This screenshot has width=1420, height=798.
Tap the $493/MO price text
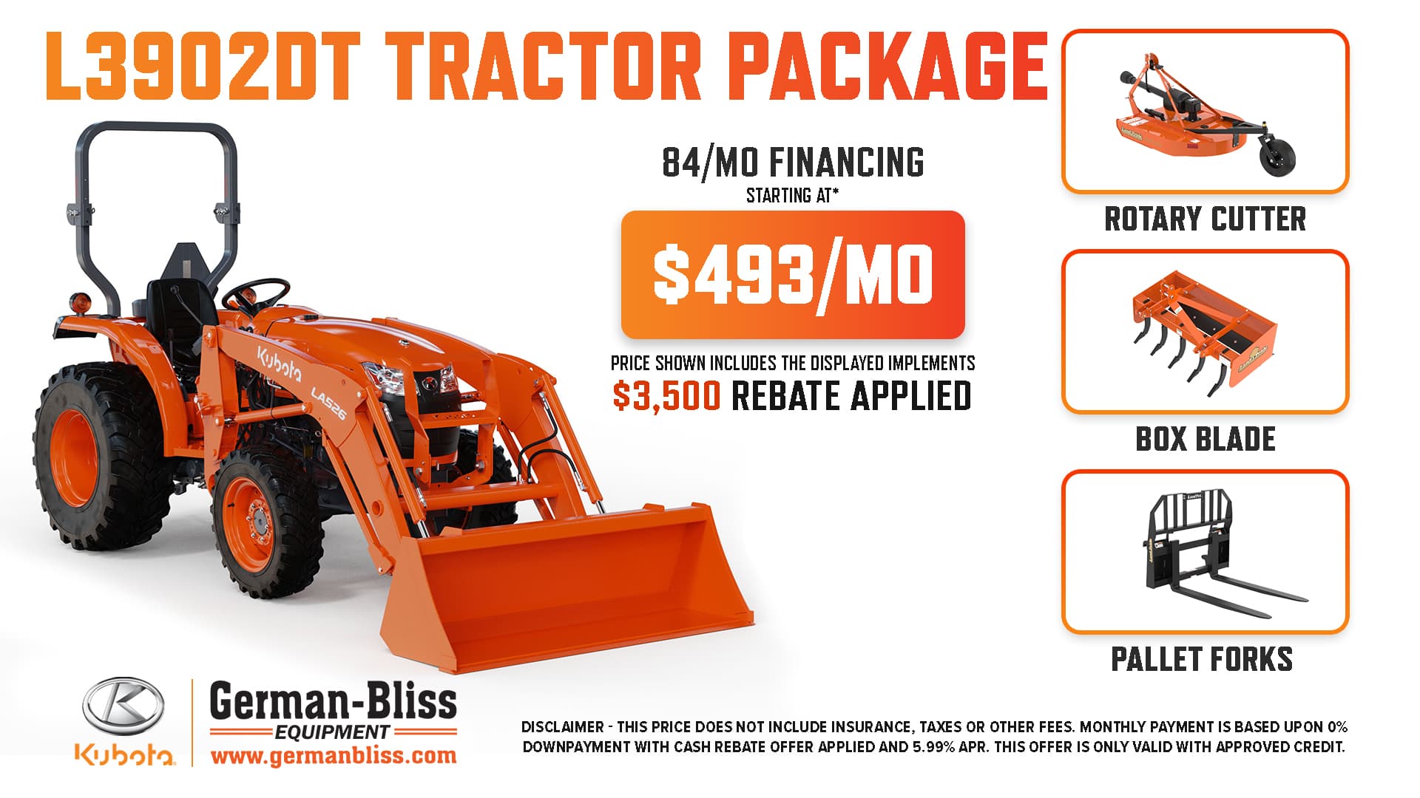793,275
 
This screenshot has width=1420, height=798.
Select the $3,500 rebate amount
666,396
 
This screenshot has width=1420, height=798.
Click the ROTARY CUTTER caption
1205,219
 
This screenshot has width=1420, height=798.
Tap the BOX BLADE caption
1206,439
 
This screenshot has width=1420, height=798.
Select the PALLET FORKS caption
1202,659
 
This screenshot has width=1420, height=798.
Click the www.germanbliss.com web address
334,756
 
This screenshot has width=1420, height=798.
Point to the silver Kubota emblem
123,706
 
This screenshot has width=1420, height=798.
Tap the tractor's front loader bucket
566,584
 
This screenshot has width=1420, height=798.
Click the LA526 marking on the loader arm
328,403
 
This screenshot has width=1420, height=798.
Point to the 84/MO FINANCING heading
793,163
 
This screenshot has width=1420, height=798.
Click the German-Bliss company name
334,701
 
